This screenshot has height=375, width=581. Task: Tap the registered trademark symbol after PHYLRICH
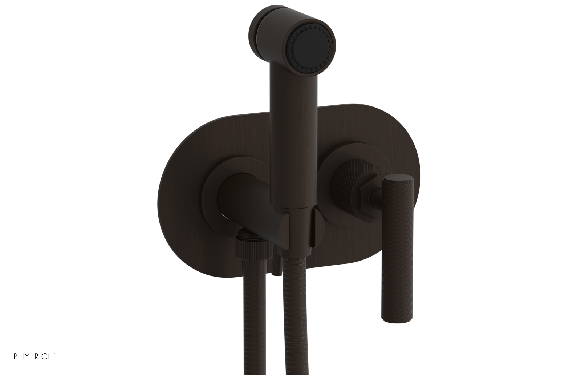tap(54, 364)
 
